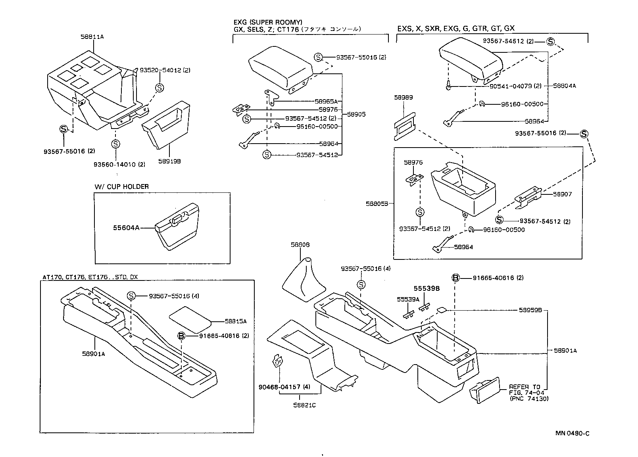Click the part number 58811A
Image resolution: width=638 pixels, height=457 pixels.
92,36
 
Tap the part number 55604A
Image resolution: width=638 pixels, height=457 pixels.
126,228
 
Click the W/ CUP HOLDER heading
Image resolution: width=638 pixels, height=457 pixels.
121,187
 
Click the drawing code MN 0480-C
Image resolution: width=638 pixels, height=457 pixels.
572,433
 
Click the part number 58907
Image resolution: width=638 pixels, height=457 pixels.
563,194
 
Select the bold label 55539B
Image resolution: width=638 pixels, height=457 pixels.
427,289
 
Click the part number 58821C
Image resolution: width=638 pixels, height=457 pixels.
305,405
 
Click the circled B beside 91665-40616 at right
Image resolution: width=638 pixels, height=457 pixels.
455,278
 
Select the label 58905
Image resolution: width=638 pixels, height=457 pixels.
356,114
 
